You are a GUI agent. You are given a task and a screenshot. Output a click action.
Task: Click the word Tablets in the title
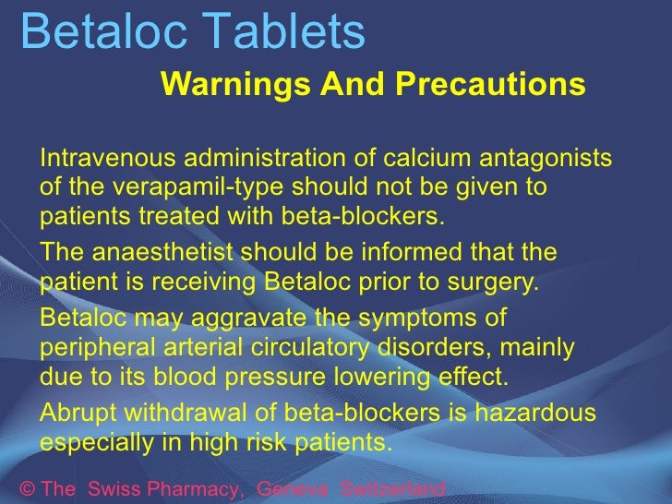click(291, 31)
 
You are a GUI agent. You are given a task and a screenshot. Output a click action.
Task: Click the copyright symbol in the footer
click(26, 489)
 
